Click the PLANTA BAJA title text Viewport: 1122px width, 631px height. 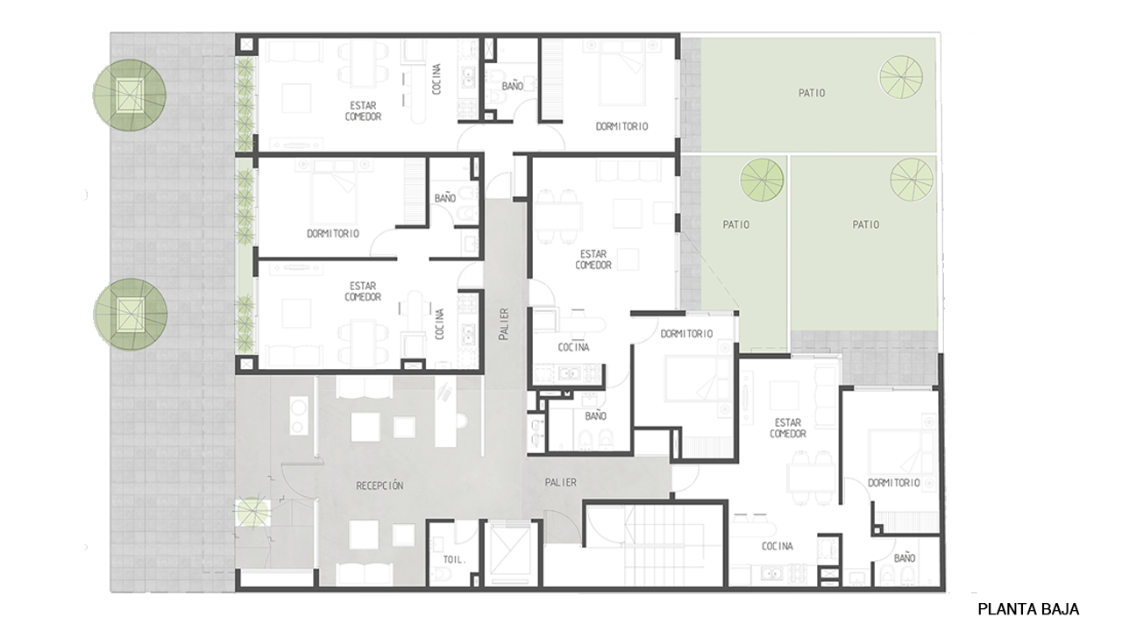(1028, 609)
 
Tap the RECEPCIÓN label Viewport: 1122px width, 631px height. (380, 486)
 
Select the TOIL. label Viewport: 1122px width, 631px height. (454, 560)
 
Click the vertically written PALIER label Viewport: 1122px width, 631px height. (504, 324)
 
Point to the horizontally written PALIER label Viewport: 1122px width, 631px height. (560, 482)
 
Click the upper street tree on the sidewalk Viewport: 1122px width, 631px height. (130, 96)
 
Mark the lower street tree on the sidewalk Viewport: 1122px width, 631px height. (131, 314)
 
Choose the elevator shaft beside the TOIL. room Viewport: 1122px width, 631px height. (510, 553)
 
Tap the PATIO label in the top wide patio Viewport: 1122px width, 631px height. (812, 93)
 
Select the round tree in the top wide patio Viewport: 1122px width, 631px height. (900, 76)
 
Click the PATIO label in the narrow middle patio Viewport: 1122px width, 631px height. (735, 224)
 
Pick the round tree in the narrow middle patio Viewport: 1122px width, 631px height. (762, 181)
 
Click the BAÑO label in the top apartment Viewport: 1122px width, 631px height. (513, 86)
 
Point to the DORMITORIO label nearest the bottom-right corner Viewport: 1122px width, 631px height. (893, 483)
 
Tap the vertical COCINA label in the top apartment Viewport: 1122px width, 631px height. (437, 79)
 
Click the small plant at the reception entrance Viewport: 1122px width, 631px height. (253, 512)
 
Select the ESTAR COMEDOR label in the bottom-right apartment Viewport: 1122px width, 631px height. (788, 429)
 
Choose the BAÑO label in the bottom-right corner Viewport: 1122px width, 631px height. (904, 558)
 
